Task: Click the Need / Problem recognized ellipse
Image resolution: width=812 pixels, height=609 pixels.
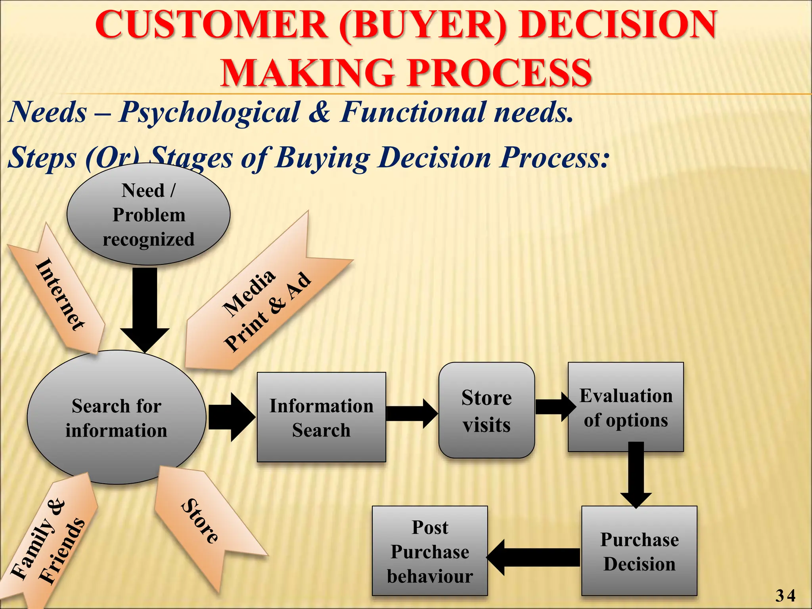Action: pyautogui.click(x=148, y=214)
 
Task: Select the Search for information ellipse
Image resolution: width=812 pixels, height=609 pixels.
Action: pyautogui.click(x=116, y=417)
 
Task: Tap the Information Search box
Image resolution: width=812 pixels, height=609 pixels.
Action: pyautogui.click(x=321, y=417)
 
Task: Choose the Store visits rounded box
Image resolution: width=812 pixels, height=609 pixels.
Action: pyautogui.click(x=486, y=411)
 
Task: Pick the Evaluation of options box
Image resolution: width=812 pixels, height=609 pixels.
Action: pyautogui.click(x=626, y=407)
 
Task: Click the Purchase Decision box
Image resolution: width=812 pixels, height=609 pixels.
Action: pyautogui.click(x=639, y=551)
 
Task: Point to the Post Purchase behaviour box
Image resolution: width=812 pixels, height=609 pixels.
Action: pyautogui.click(x=430, y=551)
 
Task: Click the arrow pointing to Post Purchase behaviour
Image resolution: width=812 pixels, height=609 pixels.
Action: pyautogui.click(x=533, y=557)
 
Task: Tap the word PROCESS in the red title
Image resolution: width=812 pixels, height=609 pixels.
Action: pyautogui.click(x=500, y=73)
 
